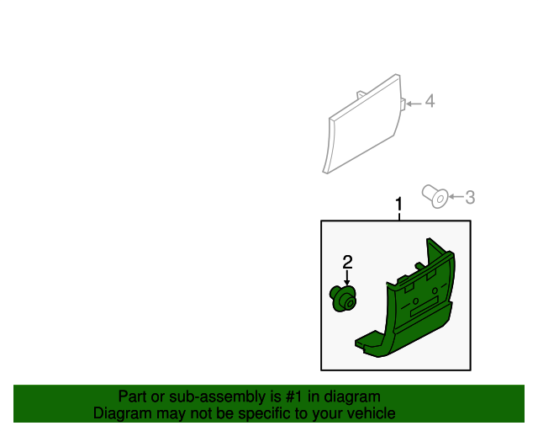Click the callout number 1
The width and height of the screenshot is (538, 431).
click(399, 204)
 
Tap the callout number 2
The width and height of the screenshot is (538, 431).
click(346, 262)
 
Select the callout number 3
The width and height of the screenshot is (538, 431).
click(470, 197)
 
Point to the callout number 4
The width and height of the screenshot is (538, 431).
click(430, 102)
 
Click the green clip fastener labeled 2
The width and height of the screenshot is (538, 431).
click(343, 298)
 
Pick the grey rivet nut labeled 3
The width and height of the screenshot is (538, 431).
click(435, 197)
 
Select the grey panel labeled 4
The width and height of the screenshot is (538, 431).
click(363, 128)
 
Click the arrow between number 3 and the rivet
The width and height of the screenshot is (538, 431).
click(455, 197)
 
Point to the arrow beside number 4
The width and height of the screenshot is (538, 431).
click(414, 103)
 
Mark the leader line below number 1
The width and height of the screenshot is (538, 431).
click(399, 215)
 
